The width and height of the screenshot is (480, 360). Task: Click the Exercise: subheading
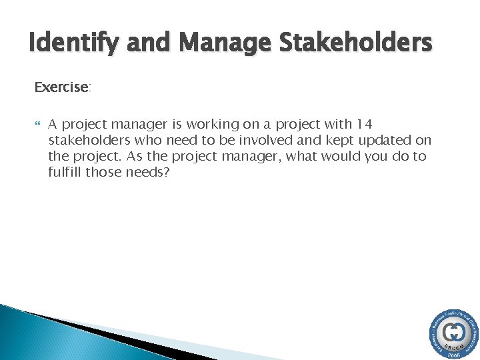62,87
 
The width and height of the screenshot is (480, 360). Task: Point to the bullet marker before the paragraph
37,124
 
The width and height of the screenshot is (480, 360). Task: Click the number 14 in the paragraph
365,124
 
